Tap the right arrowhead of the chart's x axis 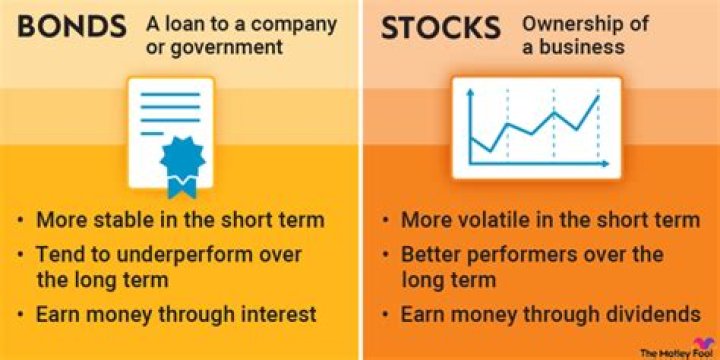coord(604,164)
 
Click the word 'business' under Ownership coord(590,47)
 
